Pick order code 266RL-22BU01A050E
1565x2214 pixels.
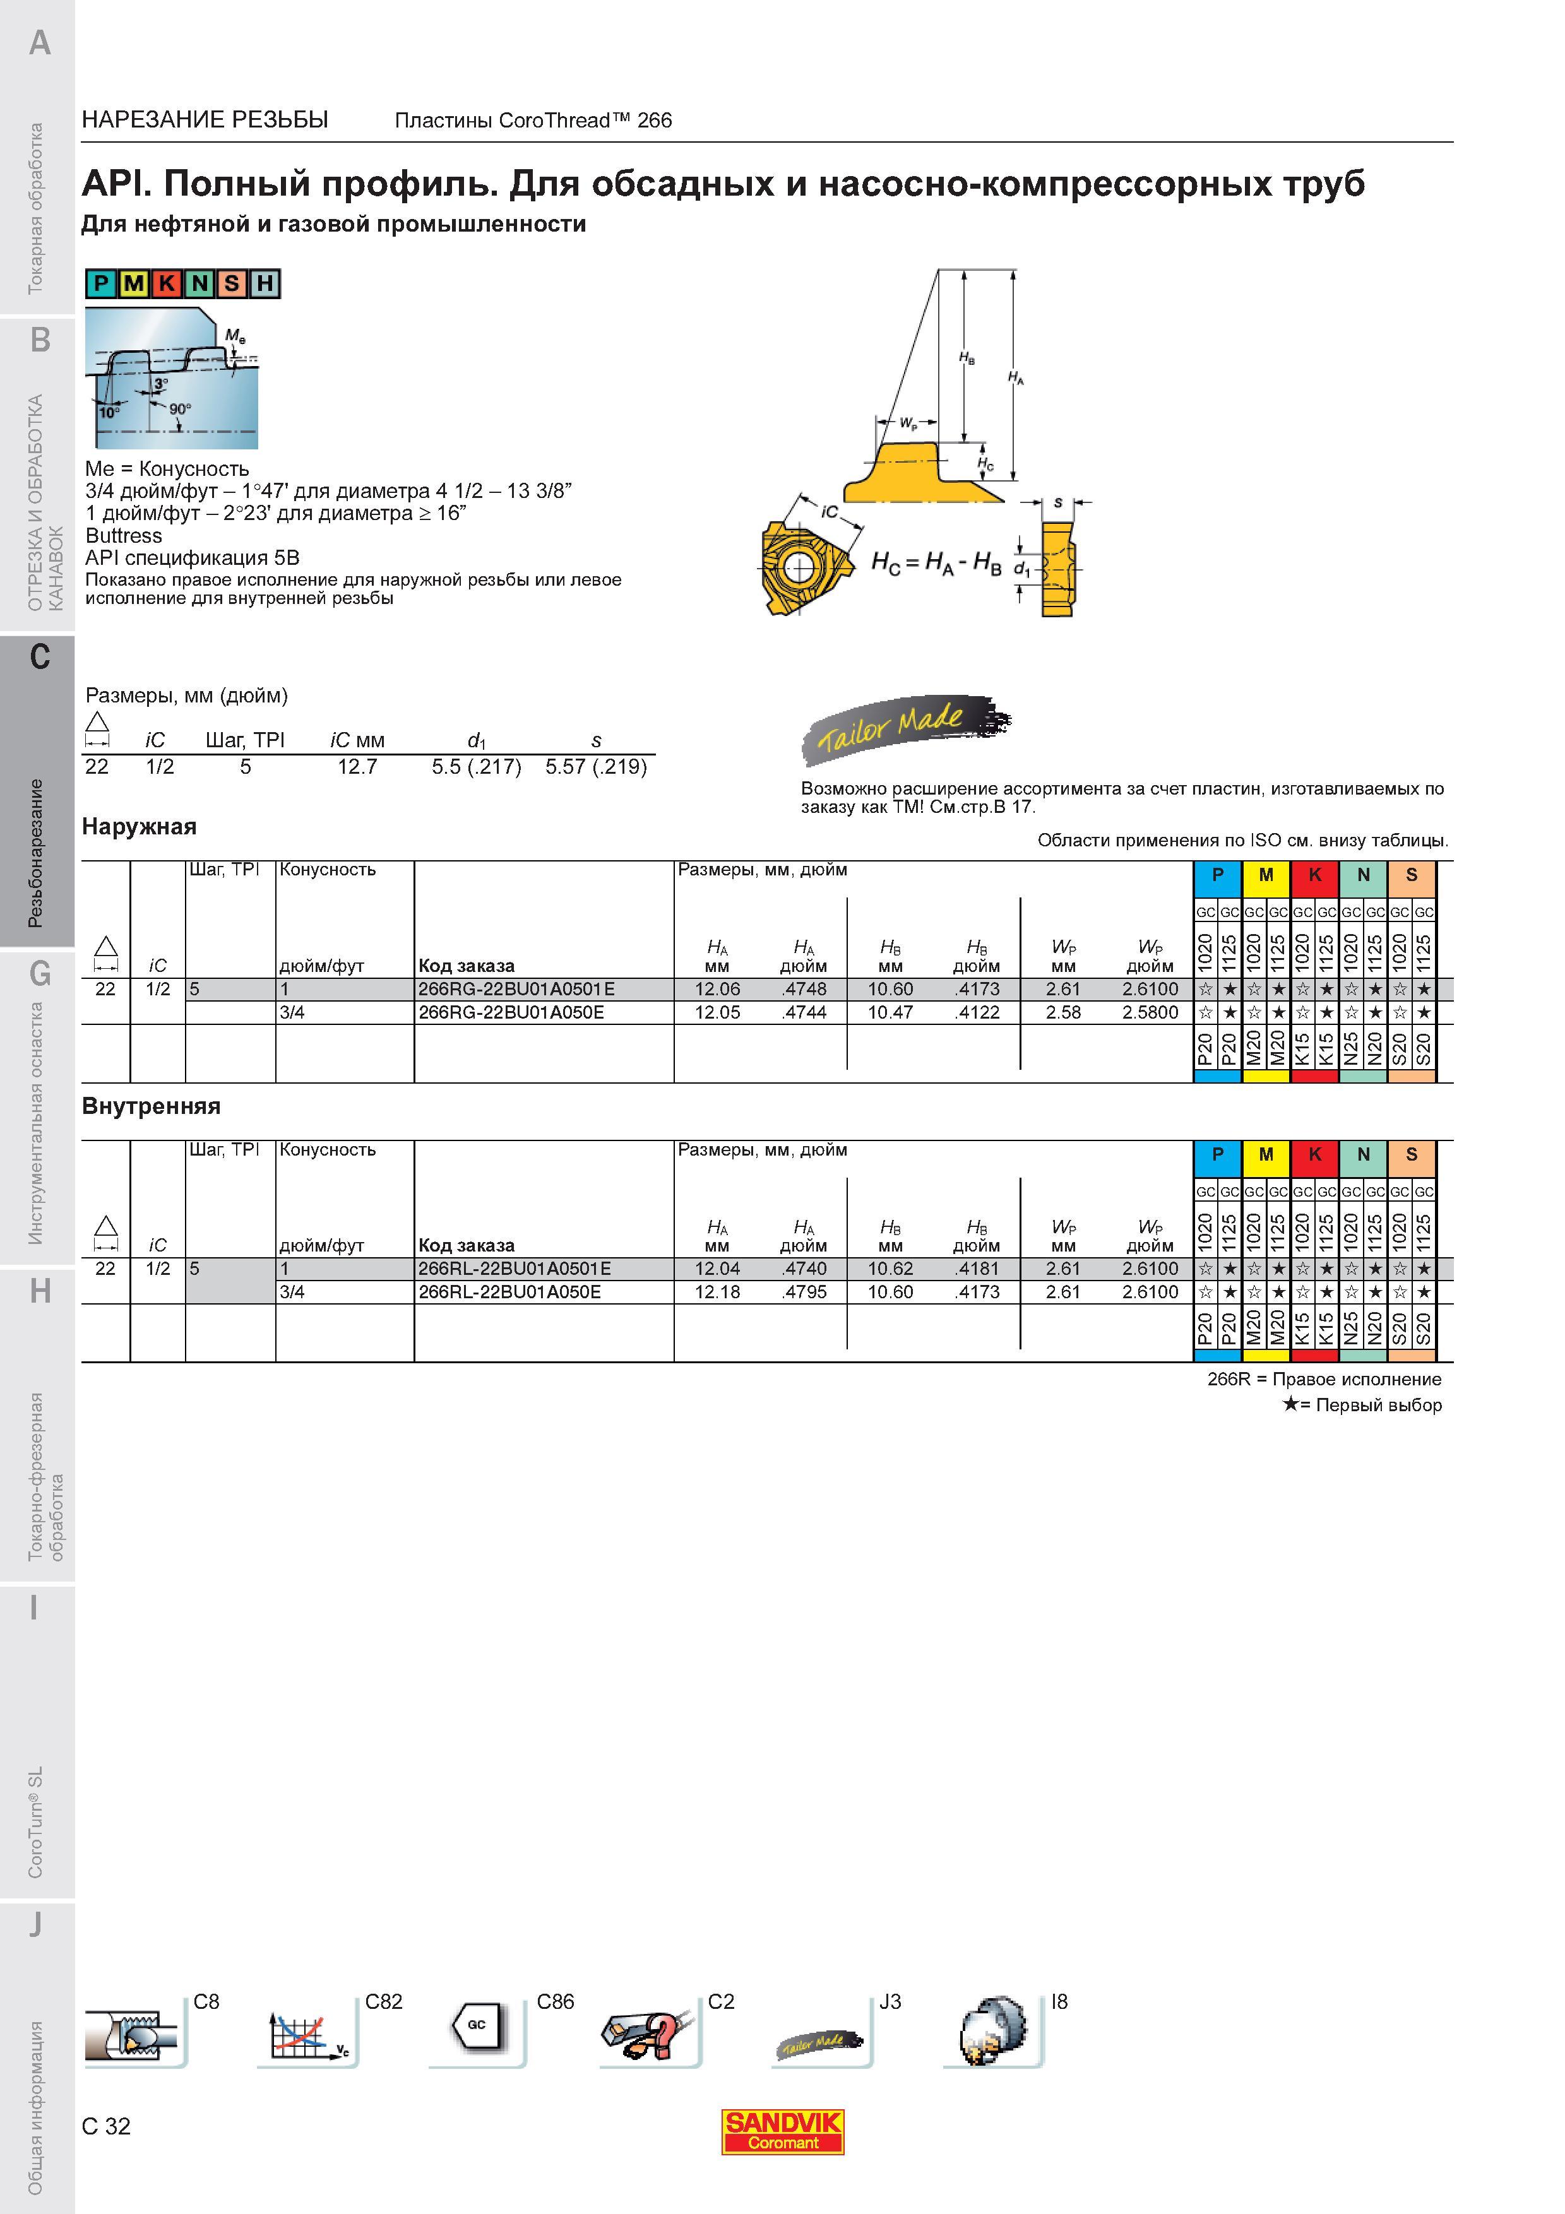coord(509,1292)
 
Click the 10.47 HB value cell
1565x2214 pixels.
coord(890,1012)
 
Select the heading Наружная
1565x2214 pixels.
coord(139,826)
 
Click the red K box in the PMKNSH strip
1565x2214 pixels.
coord(167,283)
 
